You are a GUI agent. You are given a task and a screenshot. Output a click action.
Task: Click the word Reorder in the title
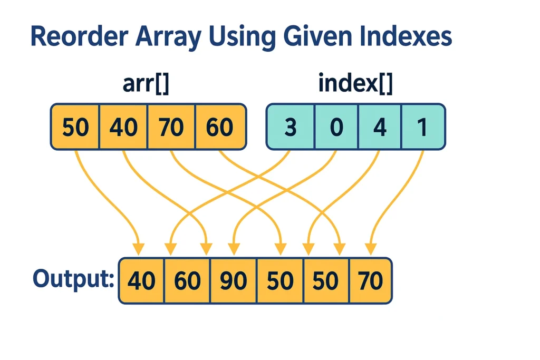click(79, 36)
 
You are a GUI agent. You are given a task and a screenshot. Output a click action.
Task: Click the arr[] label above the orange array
click(146, 84)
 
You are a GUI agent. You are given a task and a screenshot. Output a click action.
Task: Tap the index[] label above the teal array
click(355, 83)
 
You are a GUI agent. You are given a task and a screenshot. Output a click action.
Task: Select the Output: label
click(73, 279)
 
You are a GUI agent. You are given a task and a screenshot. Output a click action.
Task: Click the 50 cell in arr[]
click(75, 127)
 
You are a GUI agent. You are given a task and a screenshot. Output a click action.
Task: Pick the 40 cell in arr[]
click(123, 127)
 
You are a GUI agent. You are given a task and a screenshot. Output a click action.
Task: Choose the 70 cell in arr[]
click(171, 127)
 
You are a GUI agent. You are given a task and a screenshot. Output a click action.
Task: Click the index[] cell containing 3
click(291, 127)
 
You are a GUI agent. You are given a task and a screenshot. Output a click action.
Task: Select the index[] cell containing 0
click(336, 127)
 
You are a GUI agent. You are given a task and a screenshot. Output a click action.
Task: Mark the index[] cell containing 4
click(380, 127)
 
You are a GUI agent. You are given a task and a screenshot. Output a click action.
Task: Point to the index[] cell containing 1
click(423, 127)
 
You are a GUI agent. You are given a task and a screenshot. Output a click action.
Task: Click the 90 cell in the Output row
click(233, 280)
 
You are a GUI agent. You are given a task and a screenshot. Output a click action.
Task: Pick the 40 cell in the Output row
click(141, 280)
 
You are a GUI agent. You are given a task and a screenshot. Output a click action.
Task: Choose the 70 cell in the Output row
click(371, 280)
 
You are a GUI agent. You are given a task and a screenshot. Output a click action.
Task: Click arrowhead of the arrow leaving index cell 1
click(371, 249)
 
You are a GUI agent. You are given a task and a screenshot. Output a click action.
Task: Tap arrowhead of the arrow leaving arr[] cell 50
click(139, 249)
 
